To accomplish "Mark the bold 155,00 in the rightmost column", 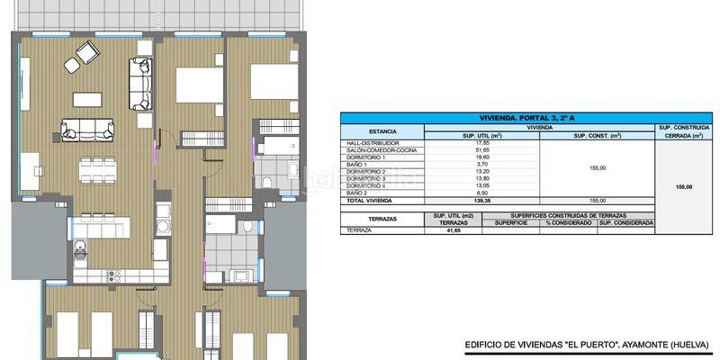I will [683, 187].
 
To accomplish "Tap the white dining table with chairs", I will [97, 167].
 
